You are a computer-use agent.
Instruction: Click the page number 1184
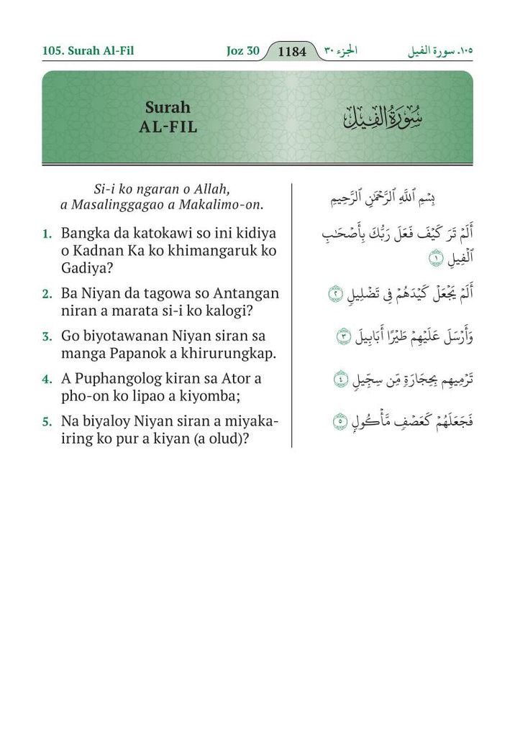(292, 52)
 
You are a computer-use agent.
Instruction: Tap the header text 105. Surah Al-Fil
(88, 51)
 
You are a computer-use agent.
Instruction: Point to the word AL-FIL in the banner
(168, 127)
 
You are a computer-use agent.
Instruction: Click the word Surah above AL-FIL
(168, 108)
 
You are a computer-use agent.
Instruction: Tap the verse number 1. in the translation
(47, 234)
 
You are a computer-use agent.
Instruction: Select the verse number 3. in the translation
(47, 336)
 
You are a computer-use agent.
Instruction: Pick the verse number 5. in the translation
(47, 421)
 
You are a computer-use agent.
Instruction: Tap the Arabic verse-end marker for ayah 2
(333, 294)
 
